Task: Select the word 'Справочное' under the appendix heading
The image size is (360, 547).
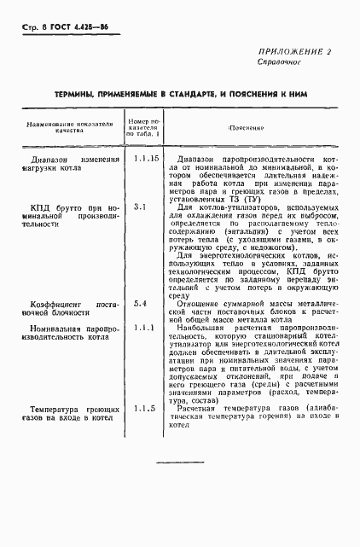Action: point(278,64)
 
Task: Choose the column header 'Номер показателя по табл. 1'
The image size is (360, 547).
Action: point(142,127)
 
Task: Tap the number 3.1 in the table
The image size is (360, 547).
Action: point(142,207)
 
